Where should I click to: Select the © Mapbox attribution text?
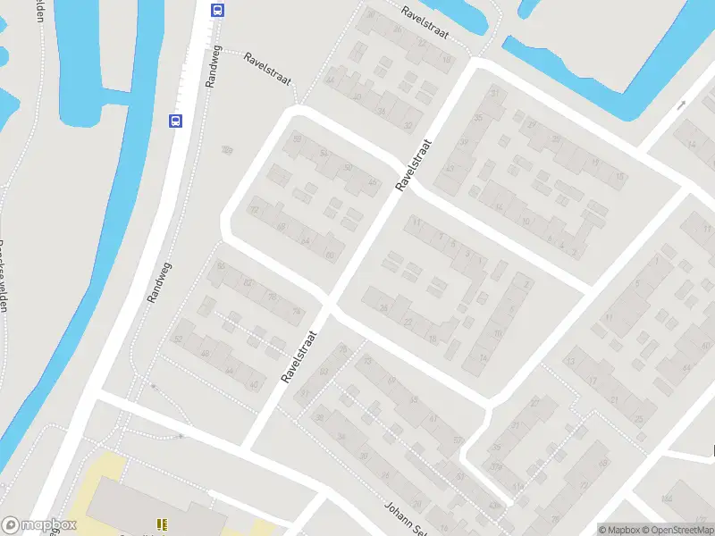tap(619, 530)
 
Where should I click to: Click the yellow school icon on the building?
tap(162, 523)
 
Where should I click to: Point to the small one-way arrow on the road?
tap(681, 105)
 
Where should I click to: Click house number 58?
tap(296, 139)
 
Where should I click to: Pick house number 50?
tap(348, 168)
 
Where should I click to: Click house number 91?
tap(305, 393)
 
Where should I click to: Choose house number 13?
tap(570, 362)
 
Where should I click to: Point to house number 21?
tap(613, 399)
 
